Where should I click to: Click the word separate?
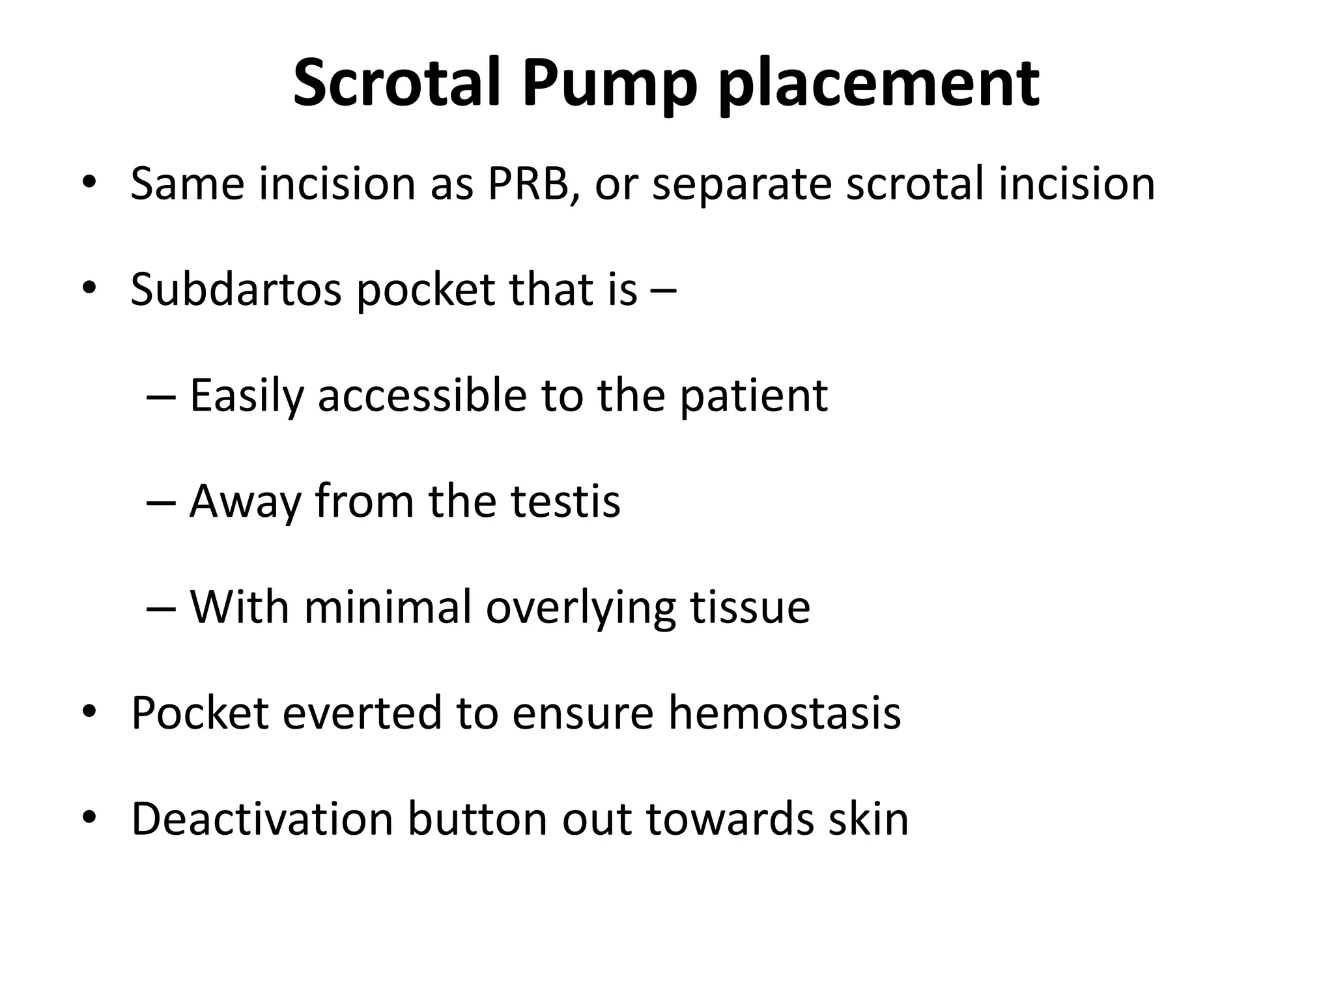click(x=741, y=185)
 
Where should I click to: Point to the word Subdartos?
click(x=236, y=289)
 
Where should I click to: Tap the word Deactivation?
click(x=263, y=819)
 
